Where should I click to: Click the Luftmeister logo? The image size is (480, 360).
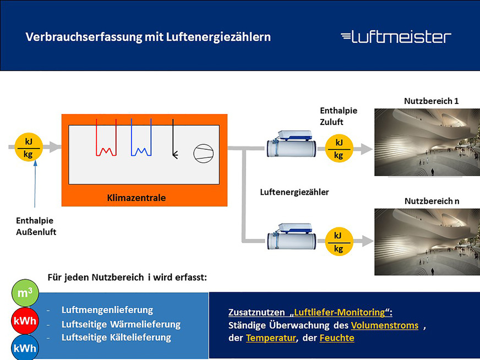click(x=396, y=37)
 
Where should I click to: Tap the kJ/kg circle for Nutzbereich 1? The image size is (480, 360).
click(x=339, y=149)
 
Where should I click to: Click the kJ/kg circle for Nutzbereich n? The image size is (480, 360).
click(x=339, y=242)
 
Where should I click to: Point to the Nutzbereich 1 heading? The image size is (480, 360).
click(x=431, y=101)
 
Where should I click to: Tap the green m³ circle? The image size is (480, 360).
click(x=25, y=293)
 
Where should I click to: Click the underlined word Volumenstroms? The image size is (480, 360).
click(x=384, y=325)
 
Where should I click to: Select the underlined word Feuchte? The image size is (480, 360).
click(x=336, y=338)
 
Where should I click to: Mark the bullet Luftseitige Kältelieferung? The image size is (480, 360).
click(x=116, y=337)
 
